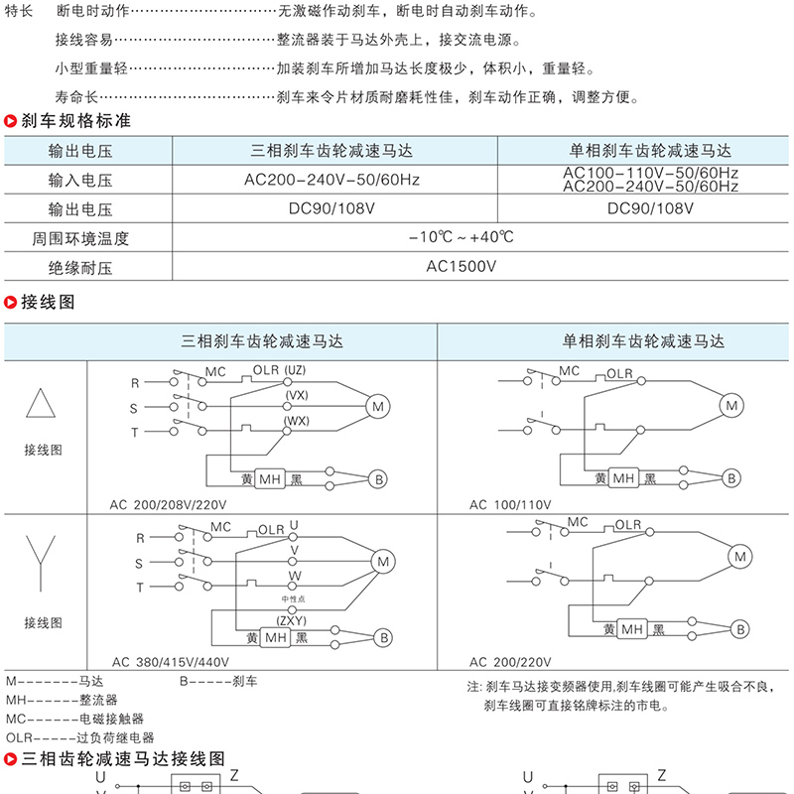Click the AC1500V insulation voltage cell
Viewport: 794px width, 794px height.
click(462, 267)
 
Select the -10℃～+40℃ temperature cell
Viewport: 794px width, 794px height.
click(462, 238)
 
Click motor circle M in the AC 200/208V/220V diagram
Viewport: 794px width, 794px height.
click(377, 406)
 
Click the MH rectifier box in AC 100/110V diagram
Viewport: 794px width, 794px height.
click(623, 478)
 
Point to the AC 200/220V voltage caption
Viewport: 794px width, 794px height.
click(510, 662)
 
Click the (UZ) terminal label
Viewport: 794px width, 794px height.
click(295, 370)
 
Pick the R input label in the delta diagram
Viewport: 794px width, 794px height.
click(135, 382)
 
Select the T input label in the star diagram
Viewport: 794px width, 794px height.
click(140, 588)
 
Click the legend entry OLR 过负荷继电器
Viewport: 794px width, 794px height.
click(80, 737)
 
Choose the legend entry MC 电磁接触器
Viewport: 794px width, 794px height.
click(75, 719)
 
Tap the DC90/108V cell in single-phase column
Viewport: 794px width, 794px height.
click(650, 209)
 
